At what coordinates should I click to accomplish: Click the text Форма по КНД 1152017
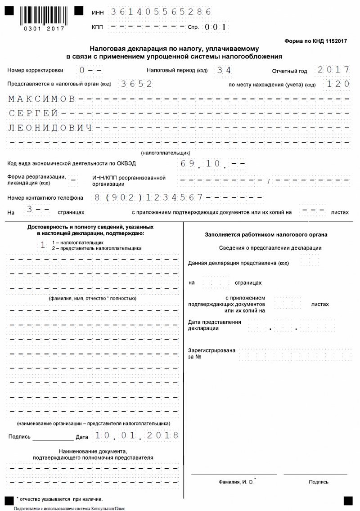pyautogui.click(x=316, y=41)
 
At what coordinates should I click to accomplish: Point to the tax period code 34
pyautogui.click(x=223, y=71)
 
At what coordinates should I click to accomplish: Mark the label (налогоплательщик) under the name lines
pyautogui.click(x=166, y=152)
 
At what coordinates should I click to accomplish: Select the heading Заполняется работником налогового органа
pyautogui.click(x=266, y=235)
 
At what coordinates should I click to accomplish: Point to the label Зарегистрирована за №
pyautogui.click(x=211, y=354)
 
